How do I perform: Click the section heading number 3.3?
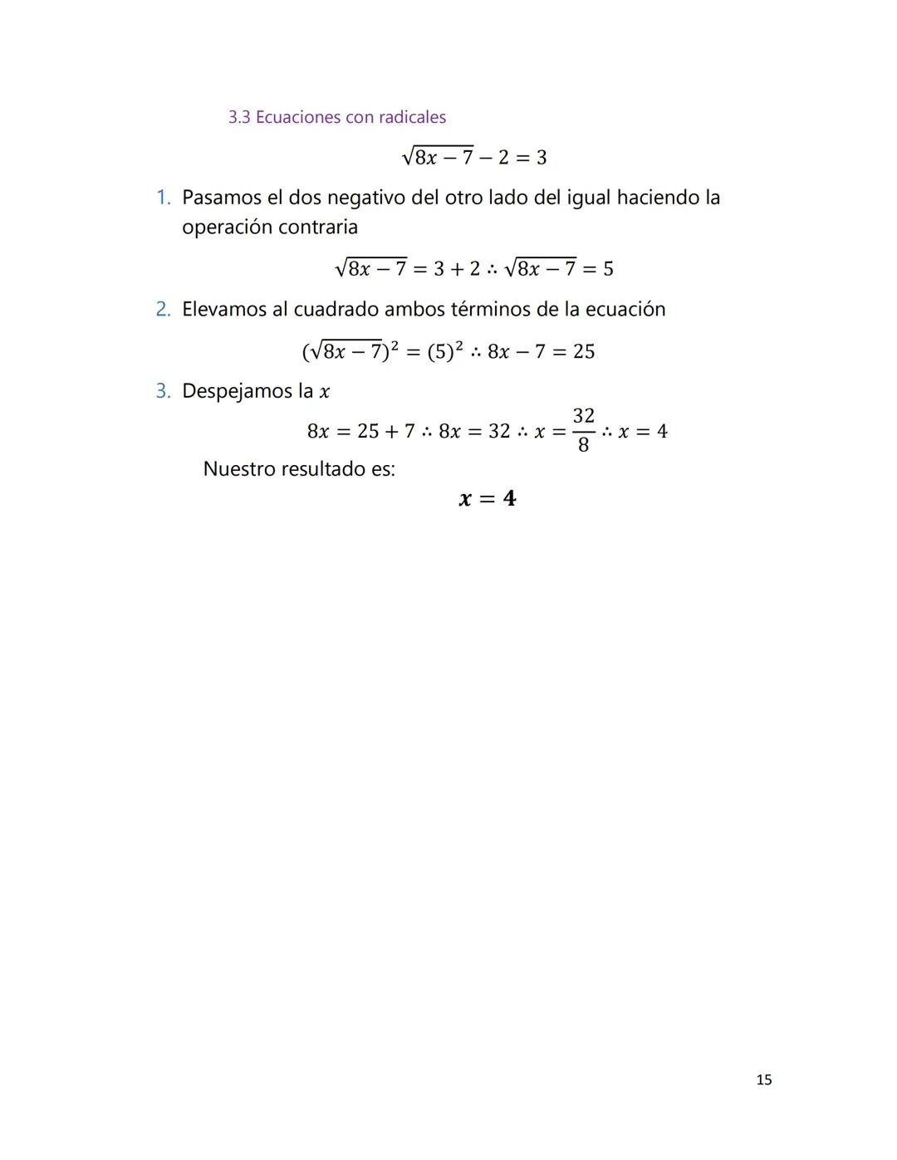coord(239,117)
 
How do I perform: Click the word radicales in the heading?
coord(412,117)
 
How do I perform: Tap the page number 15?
coord(764,1079)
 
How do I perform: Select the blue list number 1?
coord(163,198)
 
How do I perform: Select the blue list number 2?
coord(163,310)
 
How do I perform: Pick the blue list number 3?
coord(163,391)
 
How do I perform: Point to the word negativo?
coord(367,198)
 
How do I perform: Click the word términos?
coord(490,310)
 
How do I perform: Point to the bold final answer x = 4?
coord(488,498)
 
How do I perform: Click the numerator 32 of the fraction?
coord(584,415)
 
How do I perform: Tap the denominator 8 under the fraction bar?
coord(583,445)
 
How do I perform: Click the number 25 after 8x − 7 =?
coord(584,351)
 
